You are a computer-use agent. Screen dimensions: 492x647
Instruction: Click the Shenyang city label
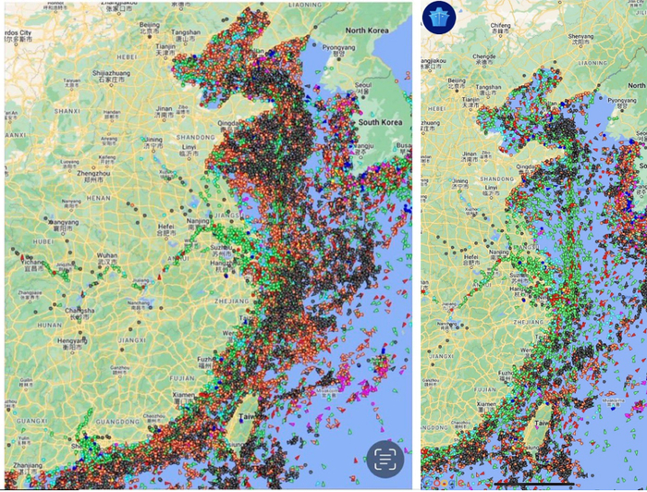(581, 38)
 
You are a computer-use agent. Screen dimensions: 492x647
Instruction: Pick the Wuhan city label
(107, 254)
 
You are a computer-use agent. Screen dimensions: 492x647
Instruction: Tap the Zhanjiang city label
(28, 465)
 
